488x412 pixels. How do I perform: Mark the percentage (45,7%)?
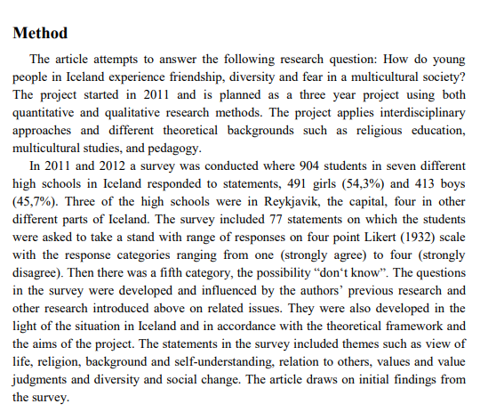click(35, 201)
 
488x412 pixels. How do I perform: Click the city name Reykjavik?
click(270, 201)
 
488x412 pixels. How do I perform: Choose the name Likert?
click(367, 236)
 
